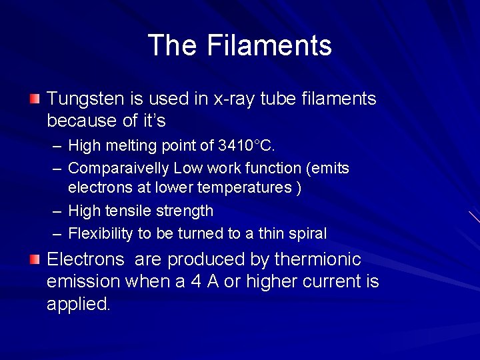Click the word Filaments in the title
pyautogui.click(x=269, y=45)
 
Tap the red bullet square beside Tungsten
pyautogui.click(x=35, y=99)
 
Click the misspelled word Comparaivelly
pyautogui.click(x=121, y=168)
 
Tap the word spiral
pyautogui.click(x=308, y=233)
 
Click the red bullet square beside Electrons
pyautogui.click(x=35, y=259)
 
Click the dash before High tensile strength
pyautogui.click(x=58, y=211)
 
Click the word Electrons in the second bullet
pyautogui.click(x=85, y=259)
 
